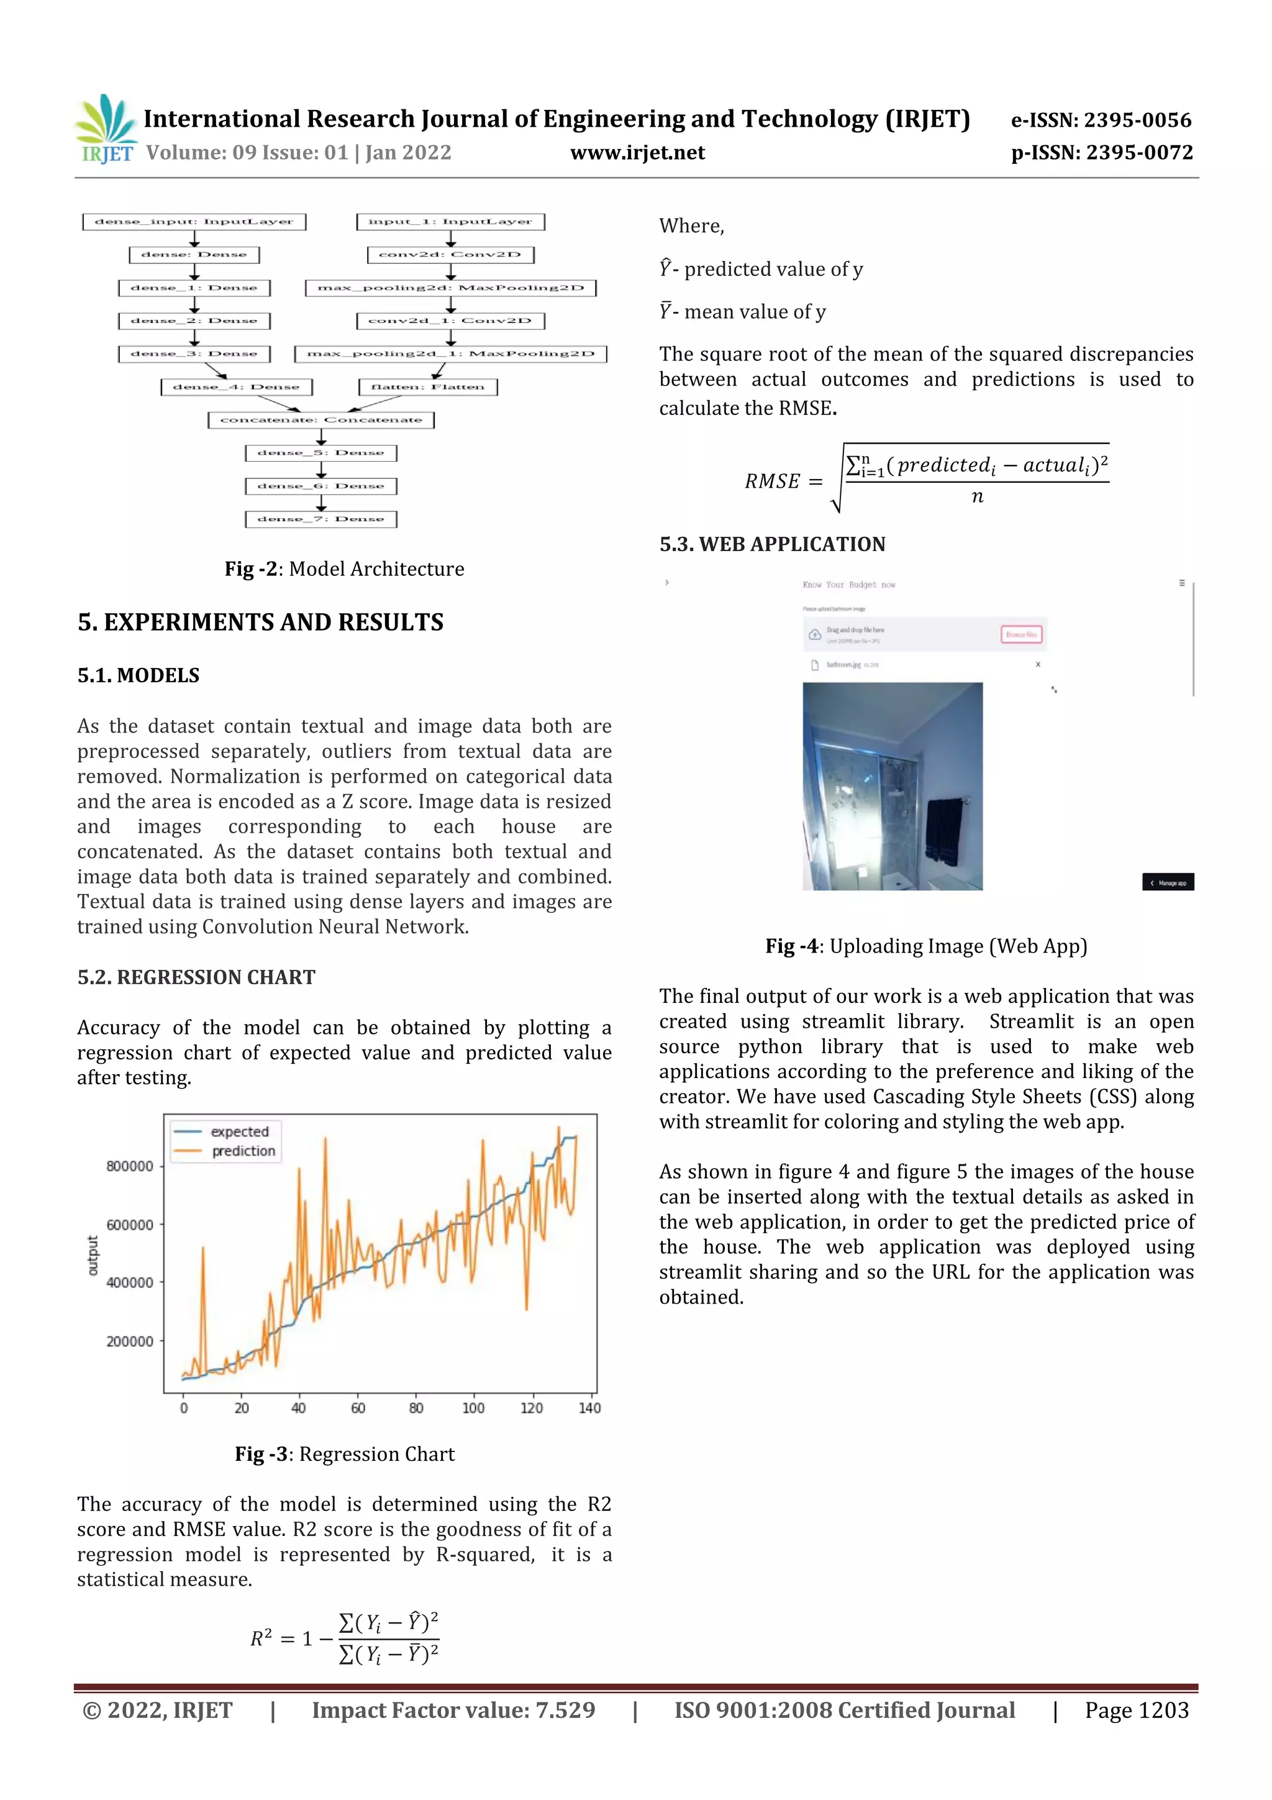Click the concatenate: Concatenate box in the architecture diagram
point(320,420)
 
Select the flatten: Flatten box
point(428,387)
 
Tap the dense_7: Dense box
point(320,519)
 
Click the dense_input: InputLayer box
point(194,222)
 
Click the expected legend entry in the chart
point(239,1132)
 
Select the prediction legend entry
point(243,1151)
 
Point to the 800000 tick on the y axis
point(130,1166)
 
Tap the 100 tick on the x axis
point(473,1408)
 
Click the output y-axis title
point(93,1255)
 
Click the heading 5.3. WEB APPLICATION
point(772,544)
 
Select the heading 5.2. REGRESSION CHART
point(196,977)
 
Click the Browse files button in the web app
point(1020,634)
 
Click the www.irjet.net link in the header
point(637,153)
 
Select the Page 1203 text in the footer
point(1137,1710)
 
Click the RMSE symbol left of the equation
point(772,482)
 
